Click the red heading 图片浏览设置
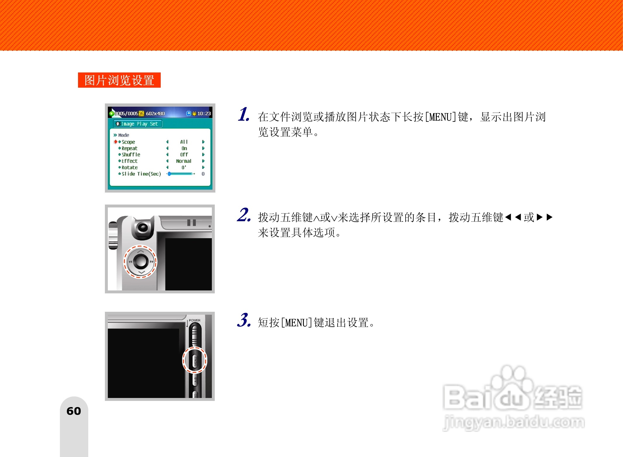(119, 80)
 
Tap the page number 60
(74, 411)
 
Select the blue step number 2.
(244, 215)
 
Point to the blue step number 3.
(244, 320)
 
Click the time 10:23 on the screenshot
(204, 113)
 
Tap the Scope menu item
(128, 142)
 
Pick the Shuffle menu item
(131, 155)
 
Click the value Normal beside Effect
(184, 161)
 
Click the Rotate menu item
(129, 167)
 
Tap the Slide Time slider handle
(169, 174)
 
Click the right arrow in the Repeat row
(203, 148)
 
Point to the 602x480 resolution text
(155, 113)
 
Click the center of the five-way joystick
(141, 261)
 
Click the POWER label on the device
(195, 320)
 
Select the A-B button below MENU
(195, 380)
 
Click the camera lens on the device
(143, 227)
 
